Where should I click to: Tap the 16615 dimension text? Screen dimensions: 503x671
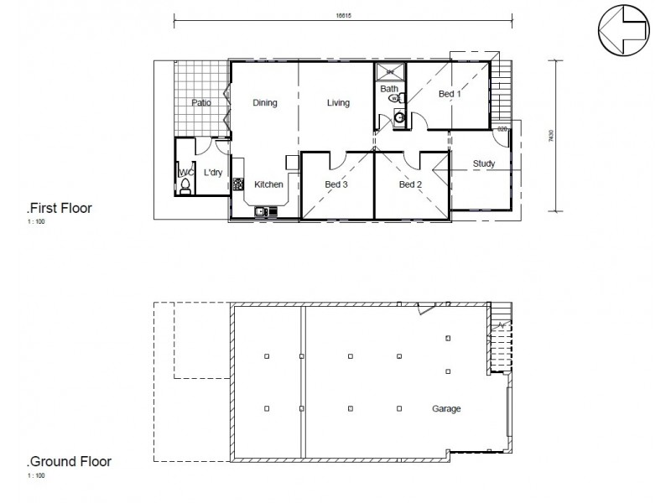coord(342,14)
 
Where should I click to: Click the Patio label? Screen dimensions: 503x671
coord(200,103)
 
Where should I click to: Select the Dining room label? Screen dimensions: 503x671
coord(265,103)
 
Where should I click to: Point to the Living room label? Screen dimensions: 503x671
coord(338,103)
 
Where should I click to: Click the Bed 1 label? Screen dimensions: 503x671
coord(450,95)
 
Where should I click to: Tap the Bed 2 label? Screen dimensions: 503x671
coord(409,184)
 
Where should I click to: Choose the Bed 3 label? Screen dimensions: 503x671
coord(336,184)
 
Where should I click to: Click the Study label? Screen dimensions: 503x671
coord(483,163)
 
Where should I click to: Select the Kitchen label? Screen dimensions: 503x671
coord(268,184)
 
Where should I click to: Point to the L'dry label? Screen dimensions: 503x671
coord(213,173)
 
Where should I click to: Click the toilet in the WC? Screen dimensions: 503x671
coord(186,185)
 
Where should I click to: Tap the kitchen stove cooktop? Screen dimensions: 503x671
coord(238,184)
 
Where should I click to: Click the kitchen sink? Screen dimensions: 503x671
coord(262,211)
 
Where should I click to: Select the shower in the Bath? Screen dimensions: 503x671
coord(388,71)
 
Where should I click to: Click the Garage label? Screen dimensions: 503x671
coord(446,409)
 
